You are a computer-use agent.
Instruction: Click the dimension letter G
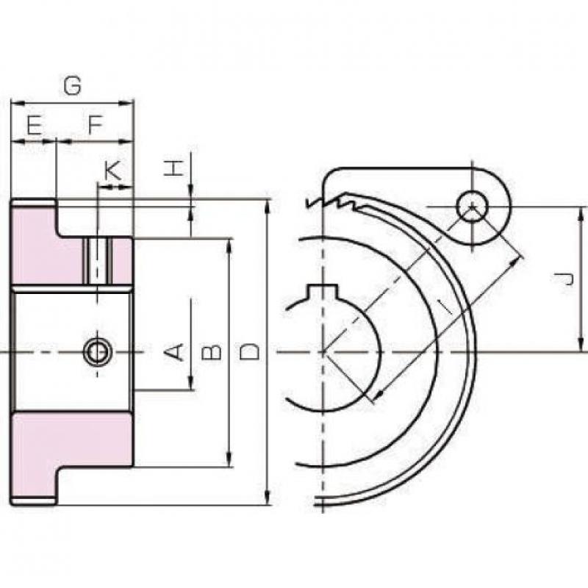72,85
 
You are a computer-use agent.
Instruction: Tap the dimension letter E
35,125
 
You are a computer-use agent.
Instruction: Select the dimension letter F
95,124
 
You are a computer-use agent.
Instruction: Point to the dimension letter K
112,172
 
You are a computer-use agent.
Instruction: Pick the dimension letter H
174,168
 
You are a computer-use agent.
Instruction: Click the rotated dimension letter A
174,352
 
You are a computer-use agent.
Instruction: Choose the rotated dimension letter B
212,353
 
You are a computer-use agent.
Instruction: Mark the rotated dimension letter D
249,352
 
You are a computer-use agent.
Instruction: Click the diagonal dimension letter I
447,308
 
